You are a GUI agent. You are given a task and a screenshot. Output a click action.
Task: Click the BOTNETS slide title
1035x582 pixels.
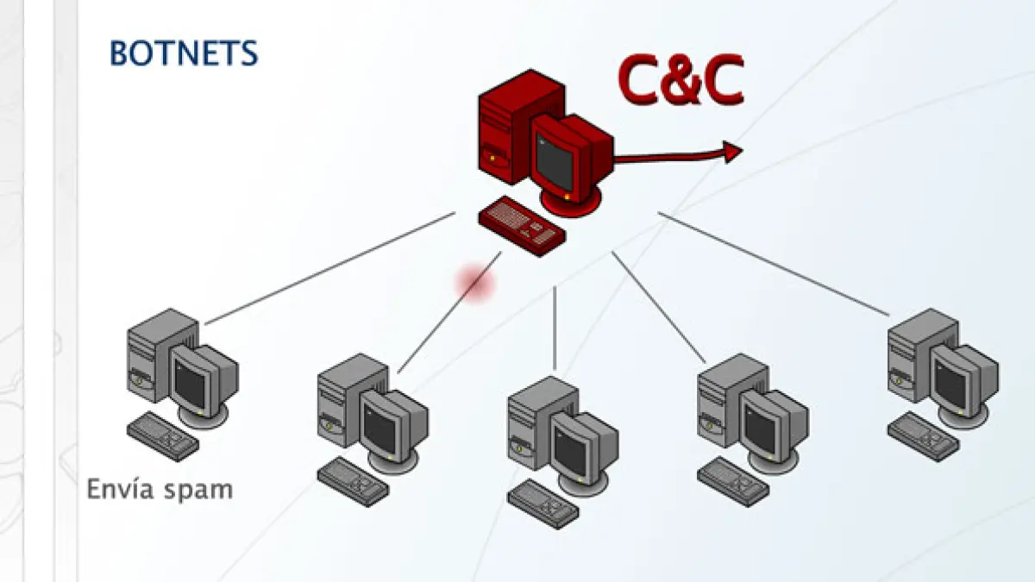coord(184,53)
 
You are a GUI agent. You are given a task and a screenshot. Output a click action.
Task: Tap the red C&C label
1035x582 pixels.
coord(681,80)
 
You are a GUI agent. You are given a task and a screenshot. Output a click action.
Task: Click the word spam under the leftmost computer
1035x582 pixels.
coord(201,490)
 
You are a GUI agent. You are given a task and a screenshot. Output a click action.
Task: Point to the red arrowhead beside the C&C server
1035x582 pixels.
coord(733,153)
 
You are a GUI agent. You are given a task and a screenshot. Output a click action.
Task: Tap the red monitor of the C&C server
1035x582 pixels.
coord(561,160)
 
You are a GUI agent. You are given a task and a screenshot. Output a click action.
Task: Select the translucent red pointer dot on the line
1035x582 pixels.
coord(474,283)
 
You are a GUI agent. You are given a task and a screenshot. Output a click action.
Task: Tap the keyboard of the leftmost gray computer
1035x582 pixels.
coord(163,434)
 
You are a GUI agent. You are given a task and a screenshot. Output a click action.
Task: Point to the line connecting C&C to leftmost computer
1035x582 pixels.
coord(328,267)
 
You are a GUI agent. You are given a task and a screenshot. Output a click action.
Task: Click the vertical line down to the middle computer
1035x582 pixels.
coord(555,328)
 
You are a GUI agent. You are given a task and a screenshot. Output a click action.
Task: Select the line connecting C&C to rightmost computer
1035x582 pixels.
coord(776,263)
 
